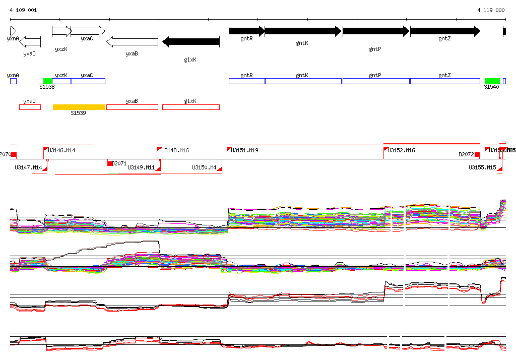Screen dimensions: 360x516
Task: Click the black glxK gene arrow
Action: click(x=191, y=42)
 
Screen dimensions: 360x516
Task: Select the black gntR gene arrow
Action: click(x=246, y=31)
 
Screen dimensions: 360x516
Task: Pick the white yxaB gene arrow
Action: click(x=133, y=42)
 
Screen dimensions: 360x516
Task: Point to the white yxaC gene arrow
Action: click(x=88, y=31)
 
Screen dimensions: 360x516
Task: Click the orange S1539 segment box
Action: click(x=79, y=107)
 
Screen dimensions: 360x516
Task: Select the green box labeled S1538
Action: click(x=48, y=81)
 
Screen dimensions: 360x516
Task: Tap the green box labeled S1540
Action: click(x=492, y=81)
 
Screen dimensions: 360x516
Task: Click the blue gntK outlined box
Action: click(x=303, y=81)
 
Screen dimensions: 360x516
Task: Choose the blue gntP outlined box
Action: click(x=376, y=81)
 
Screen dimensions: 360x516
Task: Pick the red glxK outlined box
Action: click(x=191, y=107)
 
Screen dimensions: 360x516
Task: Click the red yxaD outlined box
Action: click(x=30, y=107)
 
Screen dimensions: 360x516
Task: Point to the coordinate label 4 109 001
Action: click(x=23, y=10)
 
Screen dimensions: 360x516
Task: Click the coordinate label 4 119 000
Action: click(x=491, y=10)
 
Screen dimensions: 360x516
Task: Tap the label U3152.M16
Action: click(x=401, y=150)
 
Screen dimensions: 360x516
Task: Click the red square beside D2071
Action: click(x=110, y=163)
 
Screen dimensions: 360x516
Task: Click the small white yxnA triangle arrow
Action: click(x=13, y=31)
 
